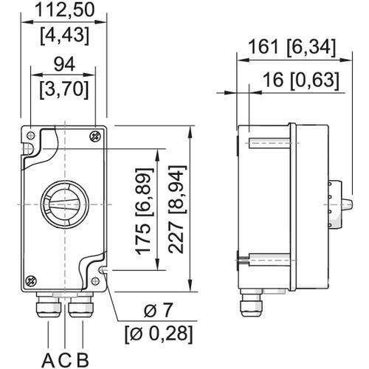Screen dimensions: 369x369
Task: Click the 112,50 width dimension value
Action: coord(65,10)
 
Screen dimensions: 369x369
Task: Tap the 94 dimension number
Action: coord(64,65)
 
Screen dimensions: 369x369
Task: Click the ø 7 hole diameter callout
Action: coord(157,311)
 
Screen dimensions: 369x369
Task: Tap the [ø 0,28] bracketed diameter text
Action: coord(159,334)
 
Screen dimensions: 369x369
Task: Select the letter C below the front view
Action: coord(66,360)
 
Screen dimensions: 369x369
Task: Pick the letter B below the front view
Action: coord(83,360)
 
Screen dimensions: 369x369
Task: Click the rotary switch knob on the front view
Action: coord(65,204)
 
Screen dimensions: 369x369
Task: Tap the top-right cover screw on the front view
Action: coord(95,137)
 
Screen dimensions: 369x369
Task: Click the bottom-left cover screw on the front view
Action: coord(31,281)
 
